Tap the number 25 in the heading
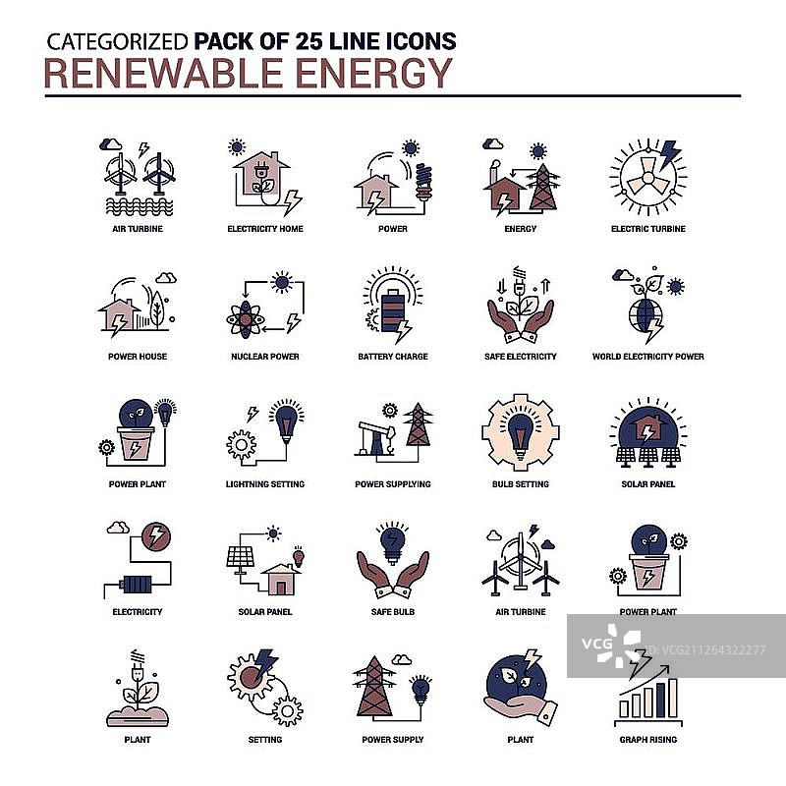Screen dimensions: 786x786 pyautogui.click(x=309, y=41)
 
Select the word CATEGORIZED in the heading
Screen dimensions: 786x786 pyautogui.click(x=117, y=41)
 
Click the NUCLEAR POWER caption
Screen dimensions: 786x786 pyautogui.click(x=265, y=357)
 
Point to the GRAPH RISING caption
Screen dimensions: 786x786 pyautogui.click(x=648, y=740)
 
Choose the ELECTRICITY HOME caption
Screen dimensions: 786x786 pyautogui.click(x=265, y=229)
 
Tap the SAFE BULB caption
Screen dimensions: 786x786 pyautogui.click(x=393, y=611)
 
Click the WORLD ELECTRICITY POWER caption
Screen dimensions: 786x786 pyautogui.click(x=648, y=357)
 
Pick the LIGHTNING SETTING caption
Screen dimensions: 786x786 pyautogui.click(x=265, y=484)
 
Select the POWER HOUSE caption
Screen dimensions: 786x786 pyautogui.click(x=138, y=357)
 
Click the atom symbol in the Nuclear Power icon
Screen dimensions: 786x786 pyautogui.click(x=245, y=319)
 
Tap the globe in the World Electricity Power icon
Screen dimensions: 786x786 pyautogui.click(x=646, y=315)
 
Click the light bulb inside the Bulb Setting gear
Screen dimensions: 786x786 pyautogui.click(x=521, y=433)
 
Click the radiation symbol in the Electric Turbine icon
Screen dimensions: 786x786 pyautogui.click(x=647, y=178)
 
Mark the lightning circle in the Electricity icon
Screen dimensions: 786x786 pyautogui.click(x=156, y=536)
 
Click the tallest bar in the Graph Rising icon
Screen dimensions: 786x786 pyautogui.click(x=673, y=698)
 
